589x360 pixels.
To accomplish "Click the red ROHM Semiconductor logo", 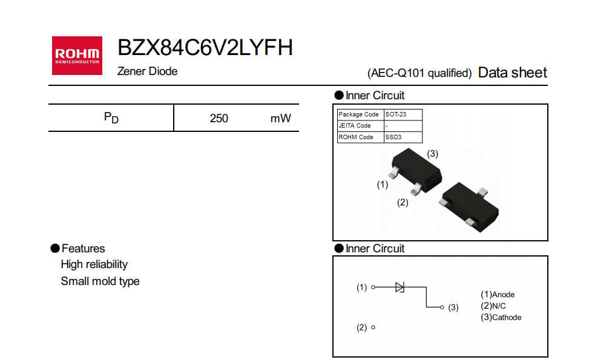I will point(77,56).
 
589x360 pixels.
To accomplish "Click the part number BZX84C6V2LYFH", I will point(205,48).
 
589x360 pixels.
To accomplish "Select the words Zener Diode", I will point(147,71).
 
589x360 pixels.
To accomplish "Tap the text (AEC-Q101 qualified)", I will point(419,73).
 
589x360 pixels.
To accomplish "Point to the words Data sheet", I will point(512,73).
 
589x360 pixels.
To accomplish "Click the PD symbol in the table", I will point(111,117).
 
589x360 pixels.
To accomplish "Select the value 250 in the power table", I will point(219,118).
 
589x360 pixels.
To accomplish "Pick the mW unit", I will point(280,118).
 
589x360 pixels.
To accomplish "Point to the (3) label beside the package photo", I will point(432,154).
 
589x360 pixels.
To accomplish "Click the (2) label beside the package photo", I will point(403,203).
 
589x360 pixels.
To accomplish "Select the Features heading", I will point(83,249).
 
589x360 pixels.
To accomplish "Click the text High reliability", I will point(94,264).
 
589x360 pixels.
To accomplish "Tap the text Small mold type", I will point(100,281).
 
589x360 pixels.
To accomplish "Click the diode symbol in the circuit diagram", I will point(400,287).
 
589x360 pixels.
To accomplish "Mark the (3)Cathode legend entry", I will point(501,317).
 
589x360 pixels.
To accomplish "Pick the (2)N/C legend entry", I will point(493,306).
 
